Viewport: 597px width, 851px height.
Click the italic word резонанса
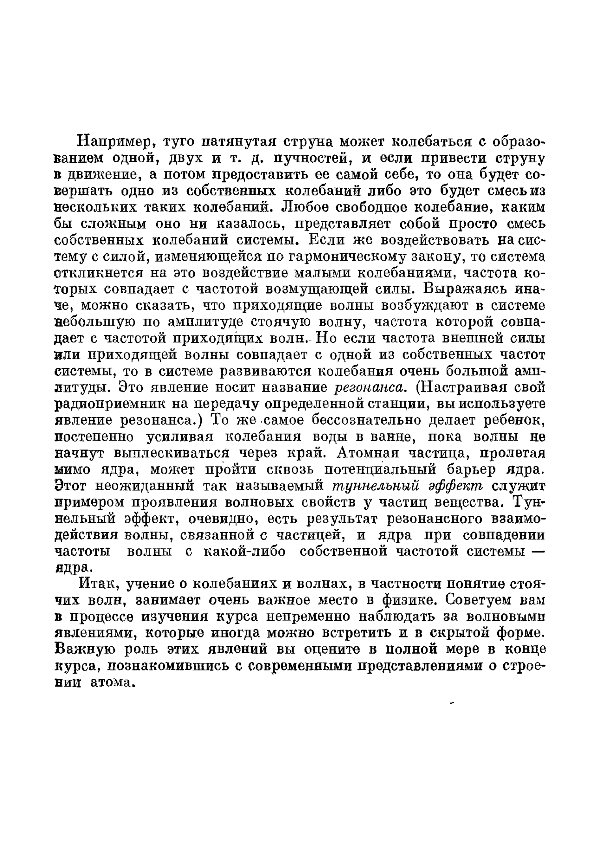coord(365,388)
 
